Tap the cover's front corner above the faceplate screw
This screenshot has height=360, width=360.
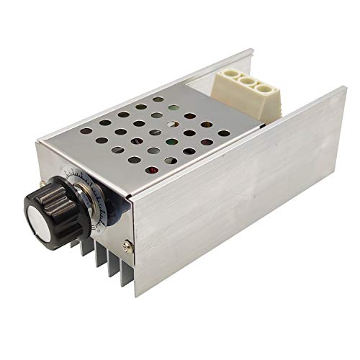click(x=132, y=197)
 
